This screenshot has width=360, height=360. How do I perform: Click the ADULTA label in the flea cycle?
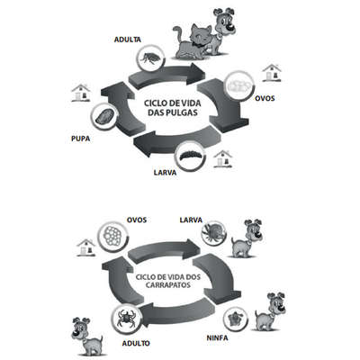(128, 40)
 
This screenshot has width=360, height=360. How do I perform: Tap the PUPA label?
(81, 139)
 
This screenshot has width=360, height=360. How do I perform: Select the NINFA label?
(217, 337)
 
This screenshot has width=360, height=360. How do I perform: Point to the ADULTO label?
(136, 343)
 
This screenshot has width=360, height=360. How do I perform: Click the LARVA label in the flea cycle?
(165, 173)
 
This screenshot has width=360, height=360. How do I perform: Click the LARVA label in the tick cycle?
(191, 220)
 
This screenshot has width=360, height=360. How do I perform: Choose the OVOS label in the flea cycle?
(265, 98)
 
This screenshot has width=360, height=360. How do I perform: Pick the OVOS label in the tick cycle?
(137, 220)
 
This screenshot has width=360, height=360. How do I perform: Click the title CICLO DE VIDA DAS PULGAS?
(173, 108)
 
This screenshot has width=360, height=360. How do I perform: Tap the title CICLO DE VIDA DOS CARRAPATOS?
(168, 281)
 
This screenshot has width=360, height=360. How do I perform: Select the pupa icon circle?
(103, 118)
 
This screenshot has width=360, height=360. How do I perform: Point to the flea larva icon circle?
(191, 157)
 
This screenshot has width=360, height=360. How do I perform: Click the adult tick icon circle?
(125, 318)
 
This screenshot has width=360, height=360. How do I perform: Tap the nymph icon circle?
(236, 319)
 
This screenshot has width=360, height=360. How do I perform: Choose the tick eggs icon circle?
(113, 236)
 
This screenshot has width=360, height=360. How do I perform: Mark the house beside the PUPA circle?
(81, 93)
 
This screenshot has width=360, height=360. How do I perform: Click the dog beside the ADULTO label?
(87, 337)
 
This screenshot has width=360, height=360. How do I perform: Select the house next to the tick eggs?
(86, 247)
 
